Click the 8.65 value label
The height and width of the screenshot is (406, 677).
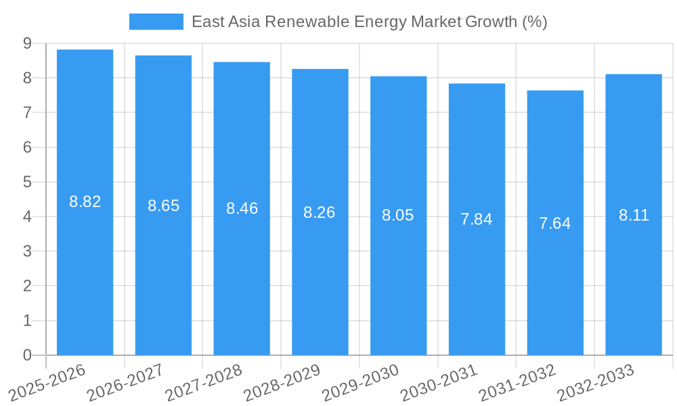tap(163, 206)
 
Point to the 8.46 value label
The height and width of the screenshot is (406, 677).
tap(242, 208)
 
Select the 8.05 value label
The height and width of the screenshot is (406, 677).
tap(398, 215)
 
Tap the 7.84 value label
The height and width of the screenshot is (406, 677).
tap(477, 219)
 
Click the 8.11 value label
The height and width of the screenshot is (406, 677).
tap(634, 215)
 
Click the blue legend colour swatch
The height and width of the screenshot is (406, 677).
tap(156, 22)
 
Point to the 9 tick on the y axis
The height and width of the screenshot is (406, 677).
tap(27, 43)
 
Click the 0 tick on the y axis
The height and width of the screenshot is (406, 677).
tap(27, 355)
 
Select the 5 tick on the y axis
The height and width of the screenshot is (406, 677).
tap(27, 182)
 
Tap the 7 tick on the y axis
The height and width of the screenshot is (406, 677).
tap(27, 112)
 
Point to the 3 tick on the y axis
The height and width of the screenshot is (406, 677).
tap(27, 251)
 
